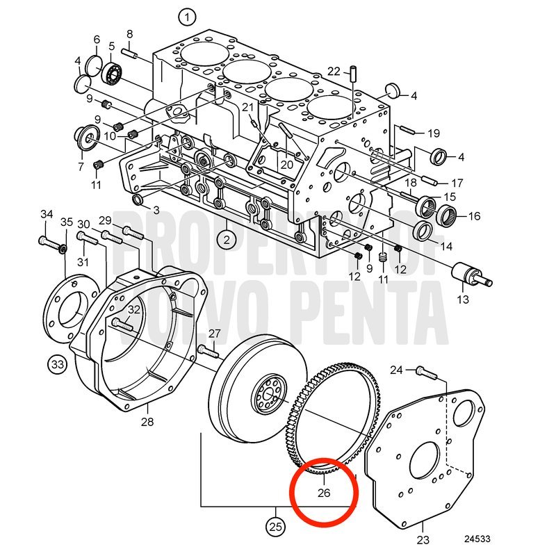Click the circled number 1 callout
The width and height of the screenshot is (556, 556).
coord(187,16)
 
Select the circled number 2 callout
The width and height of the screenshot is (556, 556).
coord(227,240)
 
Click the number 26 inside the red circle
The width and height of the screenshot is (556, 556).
coord(324,493)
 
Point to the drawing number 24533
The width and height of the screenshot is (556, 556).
coord(477,539)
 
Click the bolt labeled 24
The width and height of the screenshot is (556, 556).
coord(427,373)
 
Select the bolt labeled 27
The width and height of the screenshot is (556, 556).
coord(208,351)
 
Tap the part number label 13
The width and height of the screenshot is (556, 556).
coord(463,300)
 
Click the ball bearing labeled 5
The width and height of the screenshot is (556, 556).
coord(113,74)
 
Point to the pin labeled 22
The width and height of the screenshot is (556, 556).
coord(354,74)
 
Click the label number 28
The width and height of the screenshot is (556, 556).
coord(147,422)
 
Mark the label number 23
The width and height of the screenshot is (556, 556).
coord(423,540)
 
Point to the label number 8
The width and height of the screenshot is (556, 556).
coord(129,34)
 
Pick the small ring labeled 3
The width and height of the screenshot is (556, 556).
coord(138,199)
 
